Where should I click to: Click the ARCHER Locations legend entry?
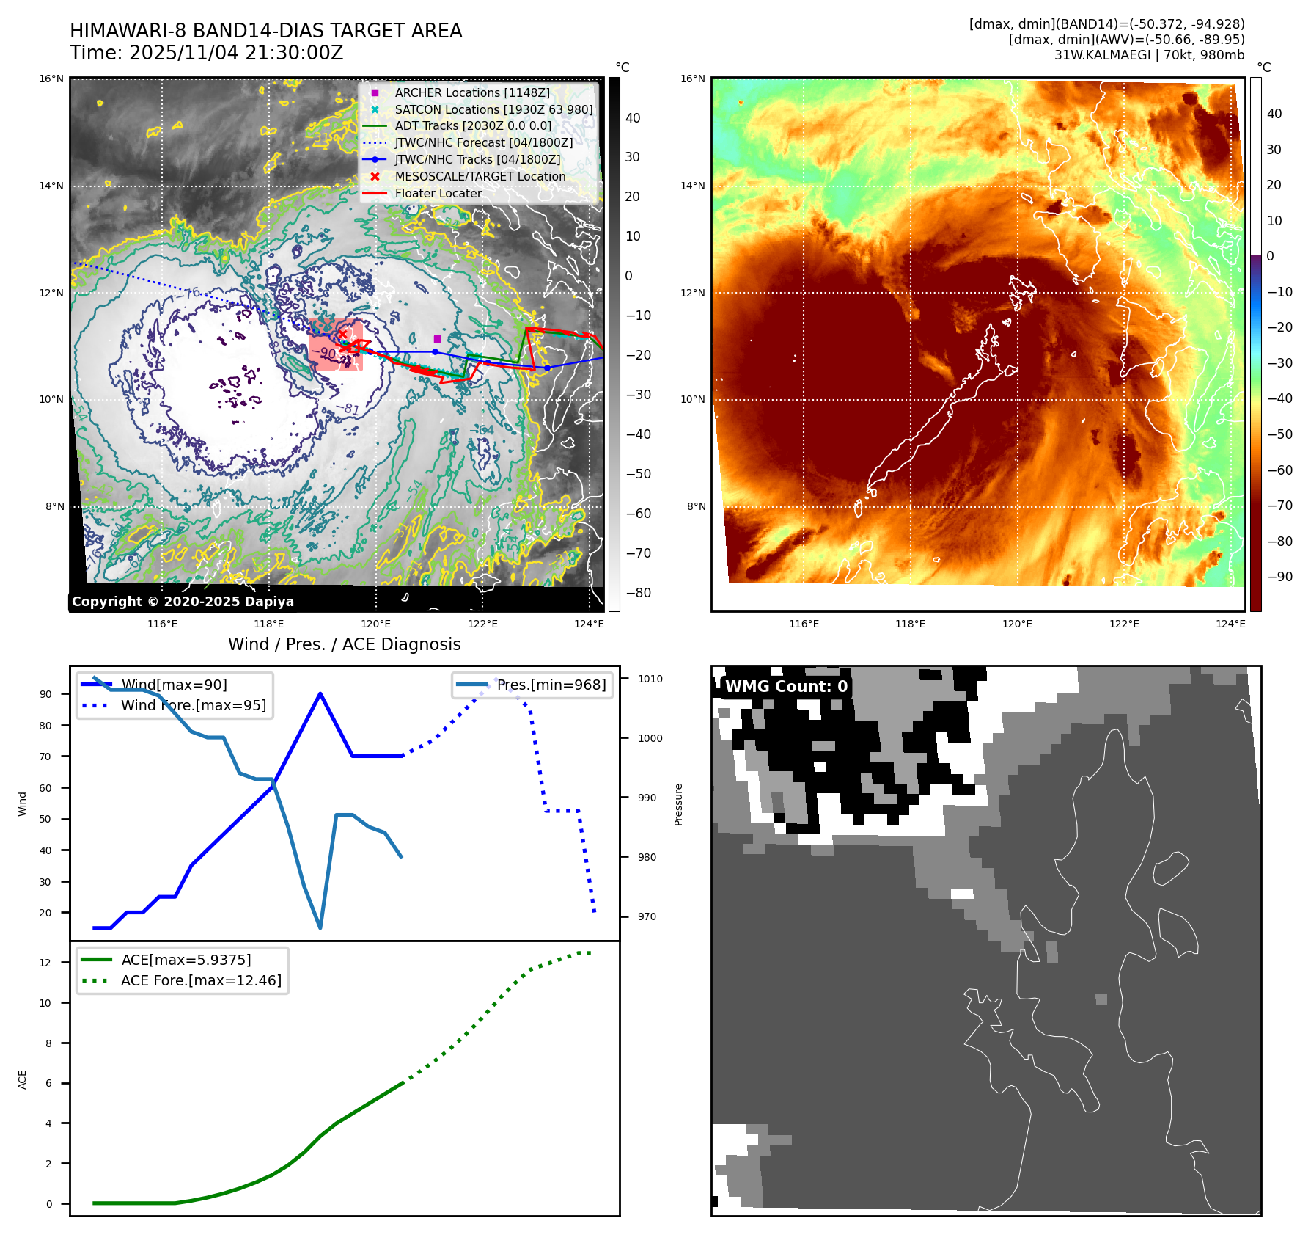click(x=471, y=92)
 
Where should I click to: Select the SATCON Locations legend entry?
click(x=493, y=109)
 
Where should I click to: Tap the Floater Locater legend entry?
click(x=438, y=193)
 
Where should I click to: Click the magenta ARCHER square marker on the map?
click(x=437, y=339)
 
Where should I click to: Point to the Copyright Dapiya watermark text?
click(x=183, y=602)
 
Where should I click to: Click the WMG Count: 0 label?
click(x=786, y=687)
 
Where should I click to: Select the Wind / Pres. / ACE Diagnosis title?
click(x=345, y=644)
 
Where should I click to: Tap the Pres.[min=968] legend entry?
click(x=551, y=685)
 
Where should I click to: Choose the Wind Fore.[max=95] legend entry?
click(x=193, y=705)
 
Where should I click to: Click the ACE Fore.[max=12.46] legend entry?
click(x=201, y=980)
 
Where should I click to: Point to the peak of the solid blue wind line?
click(x=320, y=693)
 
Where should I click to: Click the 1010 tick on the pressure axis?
click(x=650, y=679)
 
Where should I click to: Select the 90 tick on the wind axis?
click(x=45, y=694)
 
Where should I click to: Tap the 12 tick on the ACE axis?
click(x=45, y=963)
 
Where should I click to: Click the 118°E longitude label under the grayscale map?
click(x=269, y=624)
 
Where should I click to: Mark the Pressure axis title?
click(x=678, y=804)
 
